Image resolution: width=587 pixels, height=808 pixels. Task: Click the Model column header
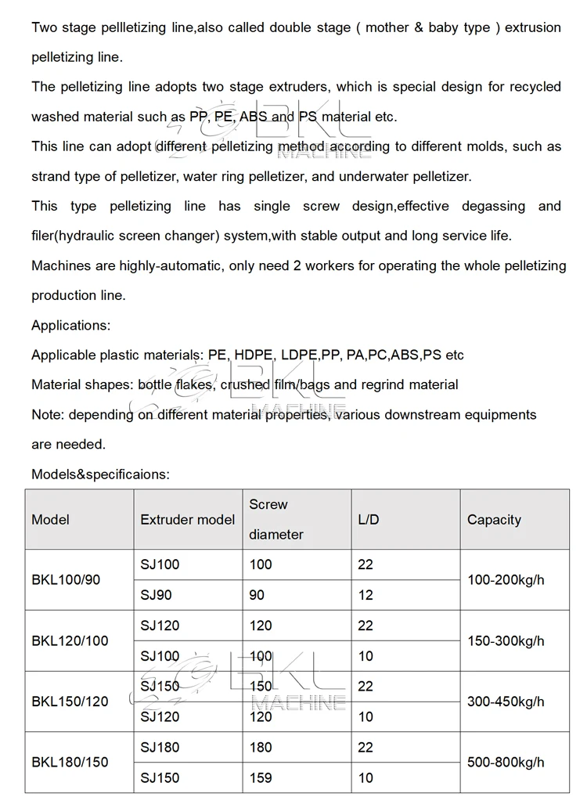50,520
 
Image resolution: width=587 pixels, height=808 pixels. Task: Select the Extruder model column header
187,520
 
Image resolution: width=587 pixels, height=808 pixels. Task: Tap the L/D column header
368,520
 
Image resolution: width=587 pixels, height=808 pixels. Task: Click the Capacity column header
494,520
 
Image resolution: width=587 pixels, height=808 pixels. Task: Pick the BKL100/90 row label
66,580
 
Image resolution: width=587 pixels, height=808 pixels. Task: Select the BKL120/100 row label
70,641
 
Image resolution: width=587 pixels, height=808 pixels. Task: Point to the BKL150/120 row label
70,702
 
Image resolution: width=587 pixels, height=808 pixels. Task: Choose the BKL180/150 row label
70,762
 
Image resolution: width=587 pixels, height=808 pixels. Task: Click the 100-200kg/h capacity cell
506,580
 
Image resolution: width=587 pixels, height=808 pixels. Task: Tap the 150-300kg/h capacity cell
506,641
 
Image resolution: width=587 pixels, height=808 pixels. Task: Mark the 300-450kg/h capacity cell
506,702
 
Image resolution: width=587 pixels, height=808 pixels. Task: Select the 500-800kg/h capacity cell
506,762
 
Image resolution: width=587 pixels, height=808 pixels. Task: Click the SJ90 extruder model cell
156,595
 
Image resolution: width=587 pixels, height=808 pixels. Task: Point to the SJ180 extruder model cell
160,748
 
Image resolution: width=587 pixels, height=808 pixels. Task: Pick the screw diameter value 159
261,778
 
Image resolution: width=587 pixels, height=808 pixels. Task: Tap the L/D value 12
366,595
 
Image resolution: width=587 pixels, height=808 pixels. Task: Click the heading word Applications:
70,325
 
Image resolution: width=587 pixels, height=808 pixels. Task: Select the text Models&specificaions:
100,474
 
